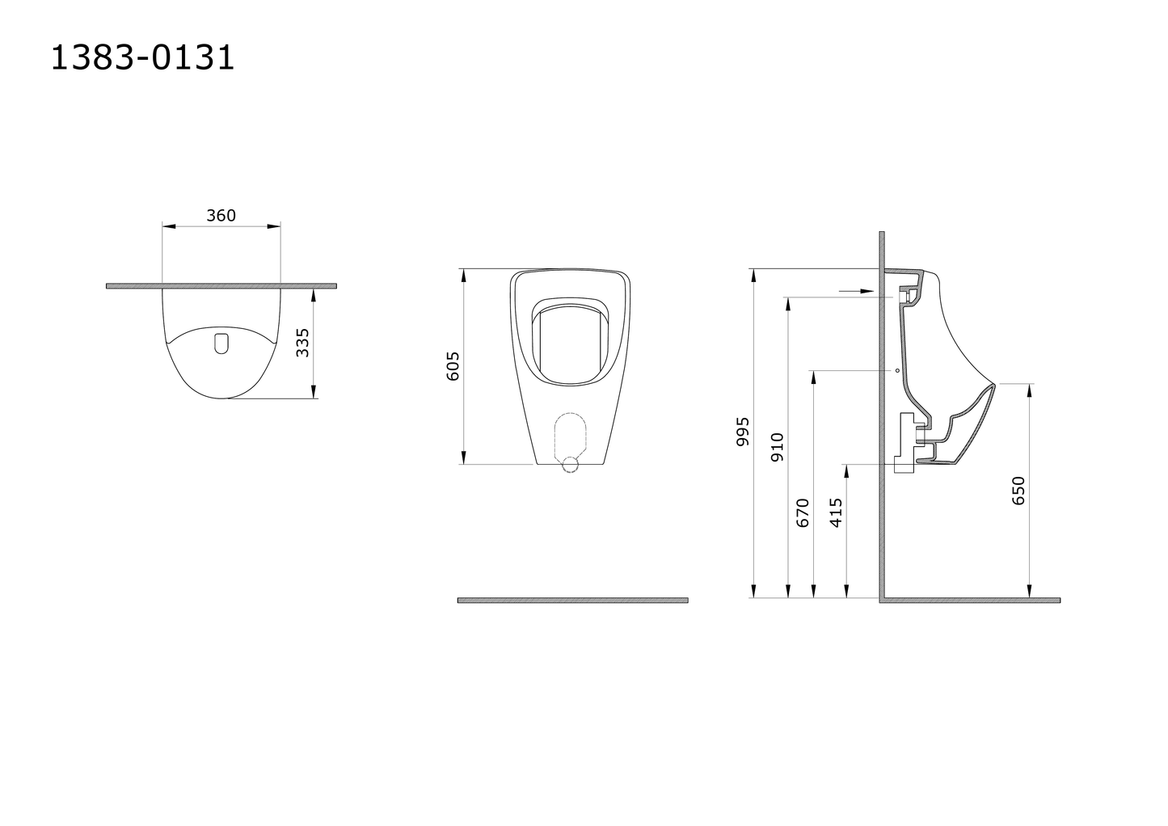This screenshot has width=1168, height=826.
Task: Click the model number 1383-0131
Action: [x=142, y=57]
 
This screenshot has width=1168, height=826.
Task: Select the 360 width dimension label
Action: [x=221, y=215]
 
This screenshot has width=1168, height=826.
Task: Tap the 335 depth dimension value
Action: [x=302, y=343]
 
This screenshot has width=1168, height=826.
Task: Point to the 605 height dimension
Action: [x=453, y=366]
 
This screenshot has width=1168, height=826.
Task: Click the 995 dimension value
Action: [x=743, y=432]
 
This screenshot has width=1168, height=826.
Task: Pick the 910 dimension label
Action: [x=777, y=447]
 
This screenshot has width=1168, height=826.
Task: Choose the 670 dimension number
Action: [x=803, y=513]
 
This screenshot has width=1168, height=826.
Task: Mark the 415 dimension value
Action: [x=836, y=513]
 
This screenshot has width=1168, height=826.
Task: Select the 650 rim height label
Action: [x=1018, y=491]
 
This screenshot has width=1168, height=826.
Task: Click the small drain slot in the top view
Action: [x=221, y=343]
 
